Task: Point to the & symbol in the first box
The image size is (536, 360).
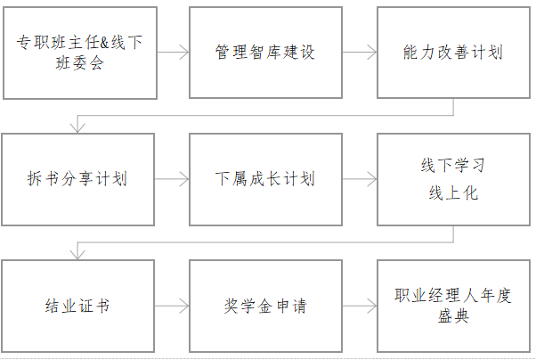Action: (x=104, y=43)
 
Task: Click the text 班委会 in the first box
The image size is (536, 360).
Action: (x=79, y=63)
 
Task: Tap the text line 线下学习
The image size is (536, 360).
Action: (x=453, y=165)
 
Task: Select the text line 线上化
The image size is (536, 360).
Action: (x=453, y=193)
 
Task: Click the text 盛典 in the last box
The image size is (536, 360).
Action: (x=453, y=315)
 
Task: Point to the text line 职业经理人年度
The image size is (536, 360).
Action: (x=453, y=296)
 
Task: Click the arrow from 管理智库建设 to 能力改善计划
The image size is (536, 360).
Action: (x=360, y=53)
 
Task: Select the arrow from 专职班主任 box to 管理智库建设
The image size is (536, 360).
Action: (x=173, y=53)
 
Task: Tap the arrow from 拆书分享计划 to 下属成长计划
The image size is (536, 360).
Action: (x=172, y=179)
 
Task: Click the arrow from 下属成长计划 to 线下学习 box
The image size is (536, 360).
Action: (x=360, y=179)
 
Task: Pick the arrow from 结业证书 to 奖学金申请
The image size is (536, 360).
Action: (x=172, y=306)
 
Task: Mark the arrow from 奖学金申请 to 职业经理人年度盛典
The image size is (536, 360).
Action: (x=360, y=306)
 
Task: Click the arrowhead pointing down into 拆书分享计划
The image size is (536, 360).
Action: (x=77, y=128)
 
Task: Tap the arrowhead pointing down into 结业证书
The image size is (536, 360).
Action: (x=77, y=255)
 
